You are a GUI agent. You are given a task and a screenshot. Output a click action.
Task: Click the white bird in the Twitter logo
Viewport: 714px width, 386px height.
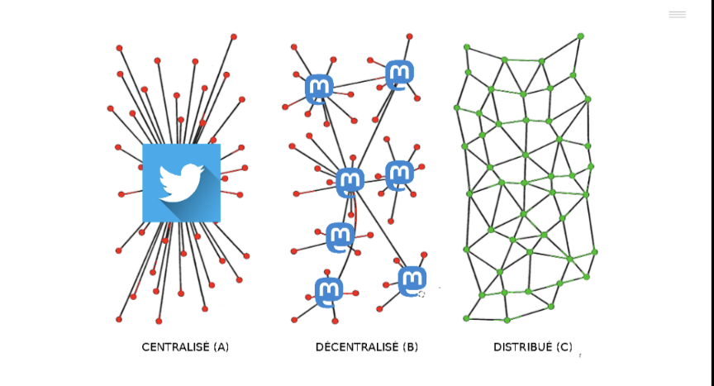pyautogui.click(x=181, y=183)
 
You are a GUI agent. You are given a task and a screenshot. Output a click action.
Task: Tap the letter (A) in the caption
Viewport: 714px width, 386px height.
pyautogui.click(x=221, y=347)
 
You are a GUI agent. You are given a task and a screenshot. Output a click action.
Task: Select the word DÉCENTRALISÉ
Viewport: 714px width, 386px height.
pyautogui.click(x=357, y=347)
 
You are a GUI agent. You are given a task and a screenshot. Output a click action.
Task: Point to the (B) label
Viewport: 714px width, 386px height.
pyautogui.click(x=410, y=347)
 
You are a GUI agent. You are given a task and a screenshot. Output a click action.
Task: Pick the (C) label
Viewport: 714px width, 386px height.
pyautogui.click(x=564, y=347)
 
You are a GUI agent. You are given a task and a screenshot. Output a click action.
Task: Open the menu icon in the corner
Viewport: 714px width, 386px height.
pyautogui.click(x=677, y=15)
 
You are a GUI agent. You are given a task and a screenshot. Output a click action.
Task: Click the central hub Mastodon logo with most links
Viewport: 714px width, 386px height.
pyautogui.click(x=350, y=182)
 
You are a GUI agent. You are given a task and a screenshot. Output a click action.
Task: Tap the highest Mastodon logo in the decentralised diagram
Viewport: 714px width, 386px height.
pyautogui.click(x=399, y=75)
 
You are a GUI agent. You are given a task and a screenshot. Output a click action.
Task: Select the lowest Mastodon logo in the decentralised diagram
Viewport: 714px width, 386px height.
pyautogui.click(x=329, y=293)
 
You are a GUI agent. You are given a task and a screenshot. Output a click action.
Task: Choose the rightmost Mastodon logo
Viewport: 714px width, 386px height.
pyautogui.click(x=412, y=281)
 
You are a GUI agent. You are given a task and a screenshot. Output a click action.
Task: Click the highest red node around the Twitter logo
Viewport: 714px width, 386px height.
pyautogui.click(x=234, y=37)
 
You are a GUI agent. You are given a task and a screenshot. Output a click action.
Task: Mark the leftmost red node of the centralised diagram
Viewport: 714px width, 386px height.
pyautogui.click(x=110, y=109)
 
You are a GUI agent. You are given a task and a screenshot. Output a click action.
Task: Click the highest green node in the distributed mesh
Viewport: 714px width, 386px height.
pyautogui.click(x=581, y=36)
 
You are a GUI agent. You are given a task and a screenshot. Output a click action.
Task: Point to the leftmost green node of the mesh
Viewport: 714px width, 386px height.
pyautogui.click(x=457, y=108)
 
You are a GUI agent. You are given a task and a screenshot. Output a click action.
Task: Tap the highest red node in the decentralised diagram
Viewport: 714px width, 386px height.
pyautogui.click(x=409, y=36)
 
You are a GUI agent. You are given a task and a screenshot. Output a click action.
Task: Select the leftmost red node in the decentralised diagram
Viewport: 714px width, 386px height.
pyautogui.click(x=285, y=107)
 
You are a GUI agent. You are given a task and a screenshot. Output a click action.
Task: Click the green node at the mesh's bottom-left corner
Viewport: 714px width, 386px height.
pyautogui.click(x=466, y=318)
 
